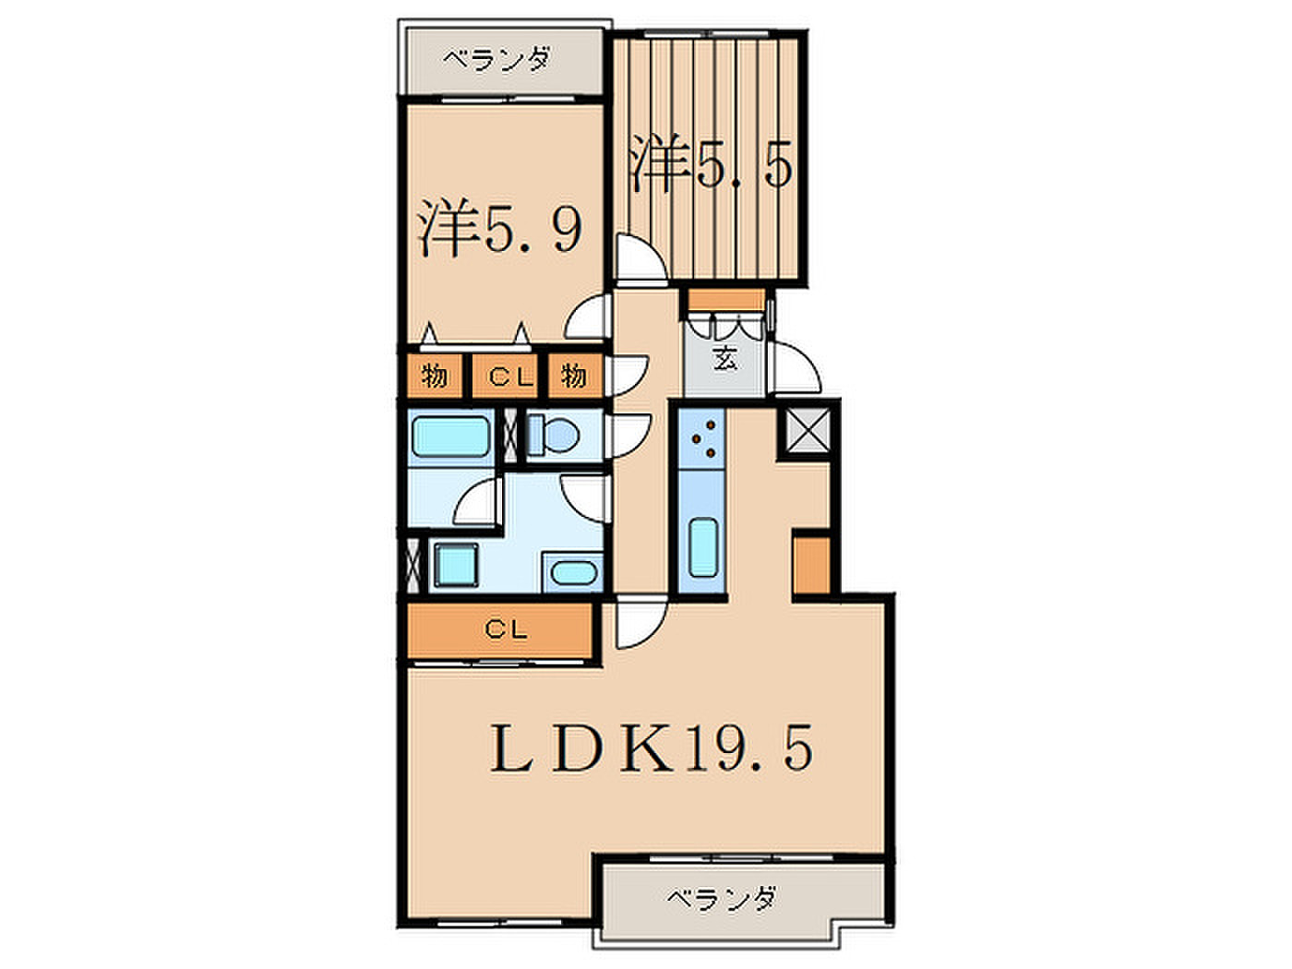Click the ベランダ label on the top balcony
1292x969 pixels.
point(496,60)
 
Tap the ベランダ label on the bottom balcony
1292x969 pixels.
point(721,899)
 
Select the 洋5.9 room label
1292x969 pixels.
point(500,227)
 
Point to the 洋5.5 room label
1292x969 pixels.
point(711,162)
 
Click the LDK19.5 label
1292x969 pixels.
point(651,748)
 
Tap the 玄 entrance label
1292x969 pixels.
point(724,358)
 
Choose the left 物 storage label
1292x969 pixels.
point(434,376)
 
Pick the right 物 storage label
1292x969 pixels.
point(573,376)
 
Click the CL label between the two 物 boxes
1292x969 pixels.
point(510,377)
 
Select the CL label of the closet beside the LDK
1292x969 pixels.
point(507,630)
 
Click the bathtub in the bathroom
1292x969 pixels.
point(451,437)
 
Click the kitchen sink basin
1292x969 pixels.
point(703,547)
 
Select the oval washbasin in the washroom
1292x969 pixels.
point(574,572)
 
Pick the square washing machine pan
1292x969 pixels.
point(455,565)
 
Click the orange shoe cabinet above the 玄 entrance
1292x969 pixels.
point(726,299)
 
